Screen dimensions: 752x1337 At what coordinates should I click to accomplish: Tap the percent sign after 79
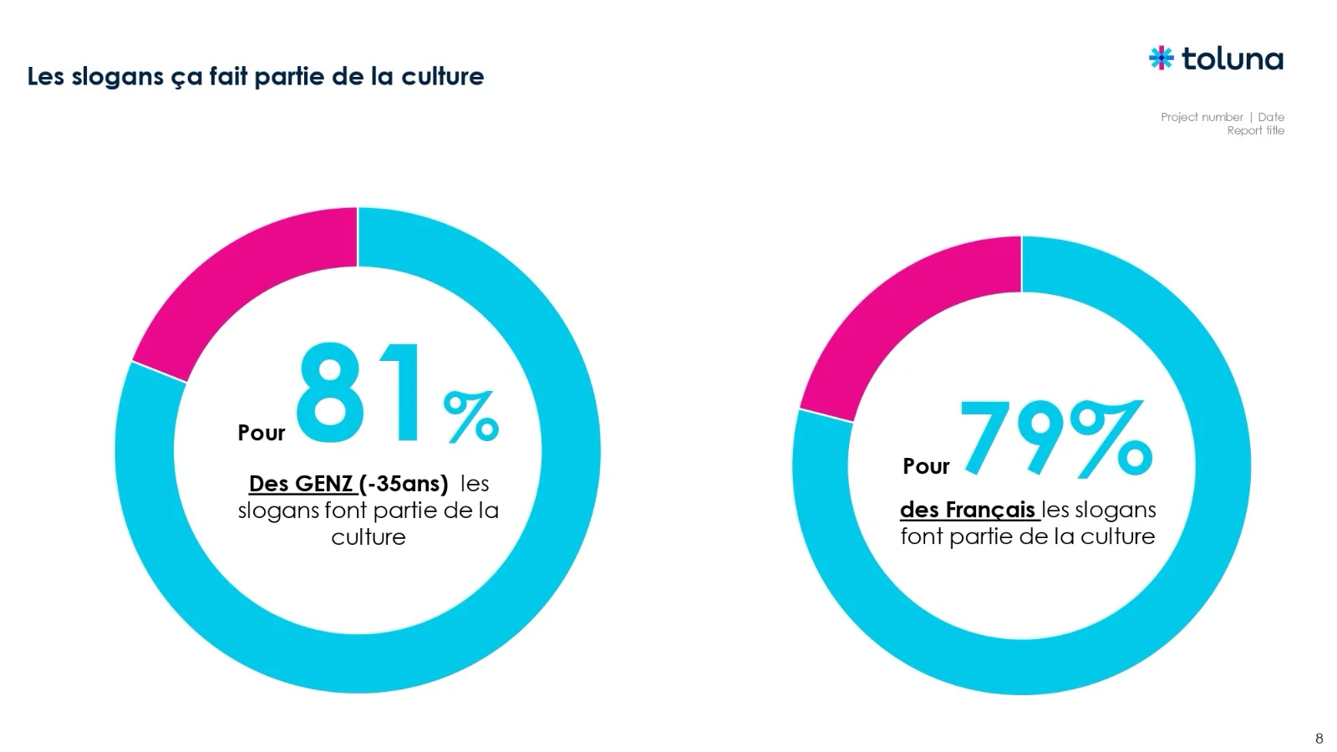1111,438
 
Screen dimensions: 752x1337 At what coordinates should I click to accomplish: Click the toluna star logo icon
1161,58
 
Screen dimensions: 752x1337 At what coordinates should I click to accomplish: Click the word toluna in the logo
1233,58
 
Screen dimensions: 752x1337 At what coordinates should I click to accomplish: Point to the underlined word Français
990,510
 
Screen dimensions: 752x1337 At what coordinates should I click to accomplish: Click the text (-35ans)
404,484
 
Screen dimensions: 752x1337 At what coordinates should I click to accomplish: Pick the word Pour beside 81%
262,433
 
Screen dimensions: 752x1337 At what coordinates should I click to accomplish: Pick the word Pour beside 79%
926,466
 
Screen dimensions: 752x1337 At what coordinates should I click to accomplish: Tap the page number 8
1319,739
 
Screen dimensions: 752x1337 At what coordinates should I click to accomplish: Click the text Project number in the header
1202,117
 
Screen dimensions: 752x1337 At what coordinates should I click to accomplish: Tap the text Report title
1255,130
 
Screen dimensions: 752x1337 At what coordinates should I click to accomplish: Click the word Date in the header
1271,117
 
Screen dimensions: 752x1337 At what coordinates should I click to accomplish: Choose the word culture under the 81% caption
369,536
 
